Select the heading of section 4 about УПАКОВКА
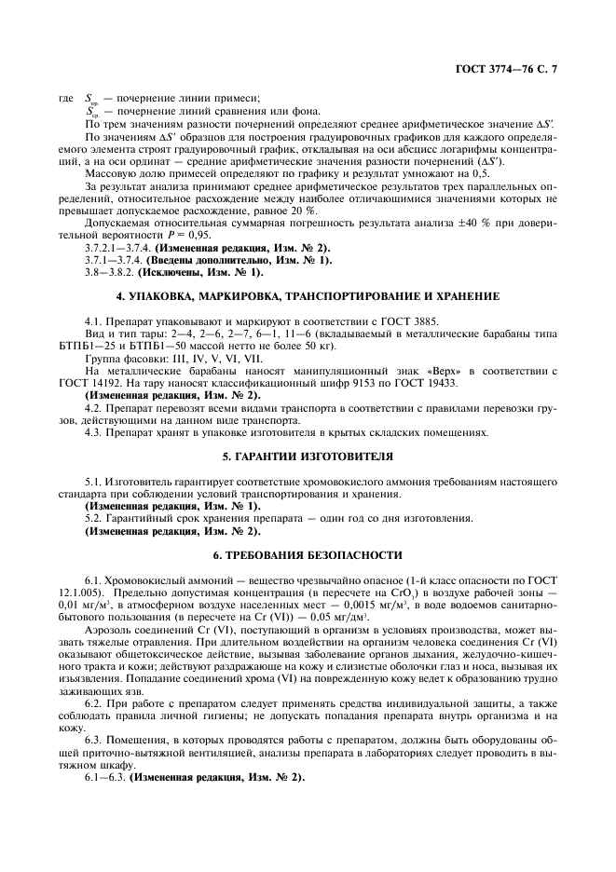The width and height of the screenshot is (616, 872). coord(308,295)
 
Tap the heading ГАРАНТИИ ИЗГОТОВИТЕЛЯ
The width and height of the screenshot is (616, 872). coord(308,456)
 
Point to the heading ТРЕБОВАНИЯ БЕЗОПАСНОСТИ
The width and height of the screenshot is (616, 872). coord(308,555)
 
